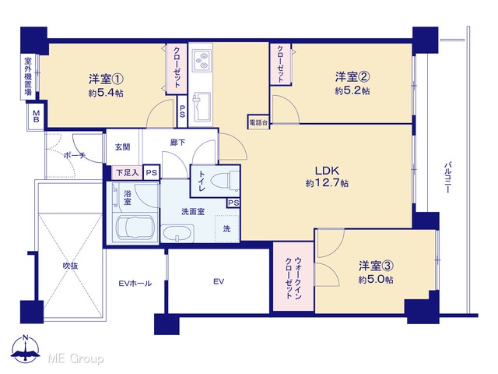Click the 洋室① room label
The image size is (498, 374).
[x=106, y=79]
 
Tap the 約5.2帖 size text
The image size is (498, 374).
[x=352, y=91]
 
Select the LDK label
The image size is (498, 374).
[x=327, y=171]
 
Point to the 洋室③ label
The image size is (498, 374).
[x=377, y=266]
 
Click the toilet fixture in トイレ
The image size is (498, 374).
[x=225, y=180]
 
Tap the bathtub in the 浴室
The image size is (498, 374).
[x=135, y=228]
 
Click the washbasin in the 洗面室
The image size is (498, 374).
[x=177, y=234]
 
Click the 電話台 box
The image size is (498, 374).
[x=258, y=122]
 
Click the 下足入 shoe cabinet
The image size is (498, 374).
[x=127, y=173]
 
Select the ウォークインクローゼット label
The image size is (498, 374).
[x=293, y=277]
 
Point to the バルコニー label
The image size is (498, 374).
[x=448, y=178]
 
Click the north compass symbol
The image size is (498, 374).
[x=26, y=348]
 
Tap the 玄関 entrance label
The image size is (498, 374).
[x=123, y=147]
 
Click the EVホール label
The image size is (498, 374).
[x=135, y=283]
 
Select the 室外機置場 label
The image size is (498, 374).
[x=28, y=76]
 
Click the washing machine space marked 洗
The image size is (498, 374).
[x=226, y=228]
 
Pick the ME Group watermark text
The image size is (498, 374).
[x=75, y=358]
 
